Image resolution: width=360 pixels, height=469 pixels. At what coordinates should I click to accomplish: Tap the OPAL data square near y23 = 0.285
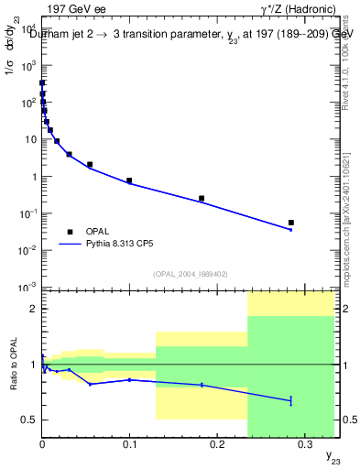tap(290, 223)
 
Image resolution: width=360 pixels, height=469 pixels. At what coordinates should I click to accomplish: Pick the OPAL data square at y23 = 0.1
tap(129, 180)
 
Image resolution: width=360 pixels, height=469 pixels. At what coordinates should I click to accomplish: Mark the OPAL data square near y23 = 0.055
tap(90, 165)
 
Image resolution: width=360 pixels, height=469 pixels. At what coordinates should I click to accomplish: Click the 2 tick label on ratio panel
tap(34, 309)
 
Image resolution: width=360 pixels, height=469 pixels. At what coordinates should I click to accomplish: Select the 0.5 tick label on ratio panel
tap(29, 420)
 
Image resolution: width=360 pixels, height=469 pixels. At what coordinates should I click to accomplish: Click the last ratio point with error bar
tap(290, 400)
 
